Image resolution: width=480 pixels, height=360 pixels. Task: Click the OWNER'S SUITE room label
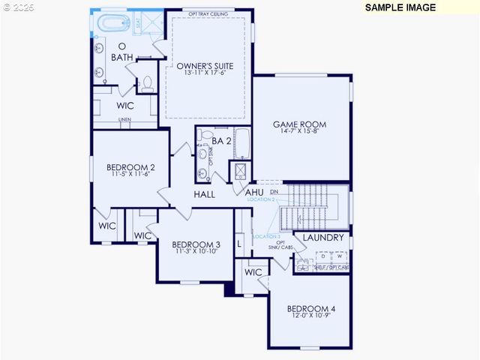point(205,66)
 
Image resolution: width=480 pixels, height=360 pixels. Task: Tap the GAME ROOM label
point(299,124)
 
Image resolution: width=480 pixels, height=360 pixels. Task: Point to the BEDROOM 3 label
point(196,244)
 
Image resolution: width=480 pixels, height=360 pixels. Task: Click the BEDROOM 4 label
point(311,309)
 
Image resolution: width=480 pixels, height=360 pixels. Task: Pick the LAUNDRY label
point(323,238)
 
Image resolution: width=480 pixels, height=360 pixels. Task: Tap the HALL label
point(205,194)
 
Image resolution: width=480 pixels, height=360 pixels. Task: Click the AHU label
point(253,193)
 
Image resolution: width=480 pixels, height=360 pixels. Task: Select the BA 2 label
point(220,140)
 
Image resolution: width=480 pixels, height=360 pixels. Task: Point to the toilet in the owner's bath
point(147,82)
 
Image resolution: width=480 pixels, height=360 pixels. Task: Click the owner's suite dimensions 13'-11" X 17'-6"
point(205,73)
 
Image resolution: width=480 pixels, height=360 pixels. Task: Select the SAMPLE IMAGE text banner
point(400,7)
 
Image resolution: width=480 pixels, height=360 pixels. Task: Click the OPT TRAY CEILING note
point(208,13)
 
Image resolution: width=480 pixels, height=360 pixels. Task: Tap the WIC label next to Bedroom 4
point(253,272)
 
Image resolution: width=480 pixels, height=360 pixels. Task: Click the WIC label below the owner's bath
point(125,106)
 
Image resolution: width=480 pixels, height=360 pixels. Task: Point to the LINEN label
point(124,120)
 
